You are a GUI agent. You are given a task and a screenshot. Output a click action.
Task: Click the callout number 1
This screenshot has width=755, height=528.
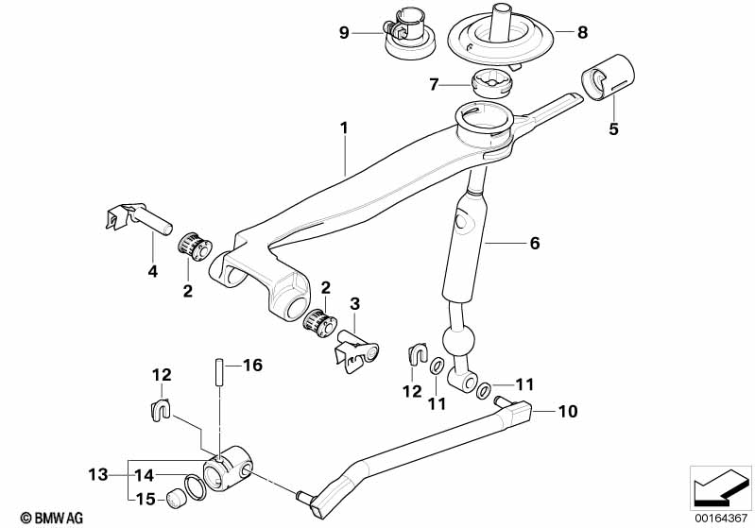345,126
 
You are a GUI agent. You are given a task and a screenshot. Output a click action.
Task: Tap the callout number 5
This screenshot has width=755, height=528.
613,129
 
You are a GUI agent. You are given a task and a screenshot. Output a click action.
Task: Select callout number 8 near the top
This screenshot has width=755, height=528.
582,32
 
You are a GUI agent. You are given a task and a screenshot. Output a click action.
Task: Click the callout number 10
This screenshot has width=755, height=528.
567,412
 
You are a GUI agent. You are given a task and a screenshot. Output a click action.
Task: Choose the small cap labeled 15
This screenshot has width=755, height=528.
173,499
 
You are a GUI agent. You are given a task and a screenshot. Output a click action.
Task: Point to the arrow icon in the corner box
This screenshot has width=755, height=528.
720,488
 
